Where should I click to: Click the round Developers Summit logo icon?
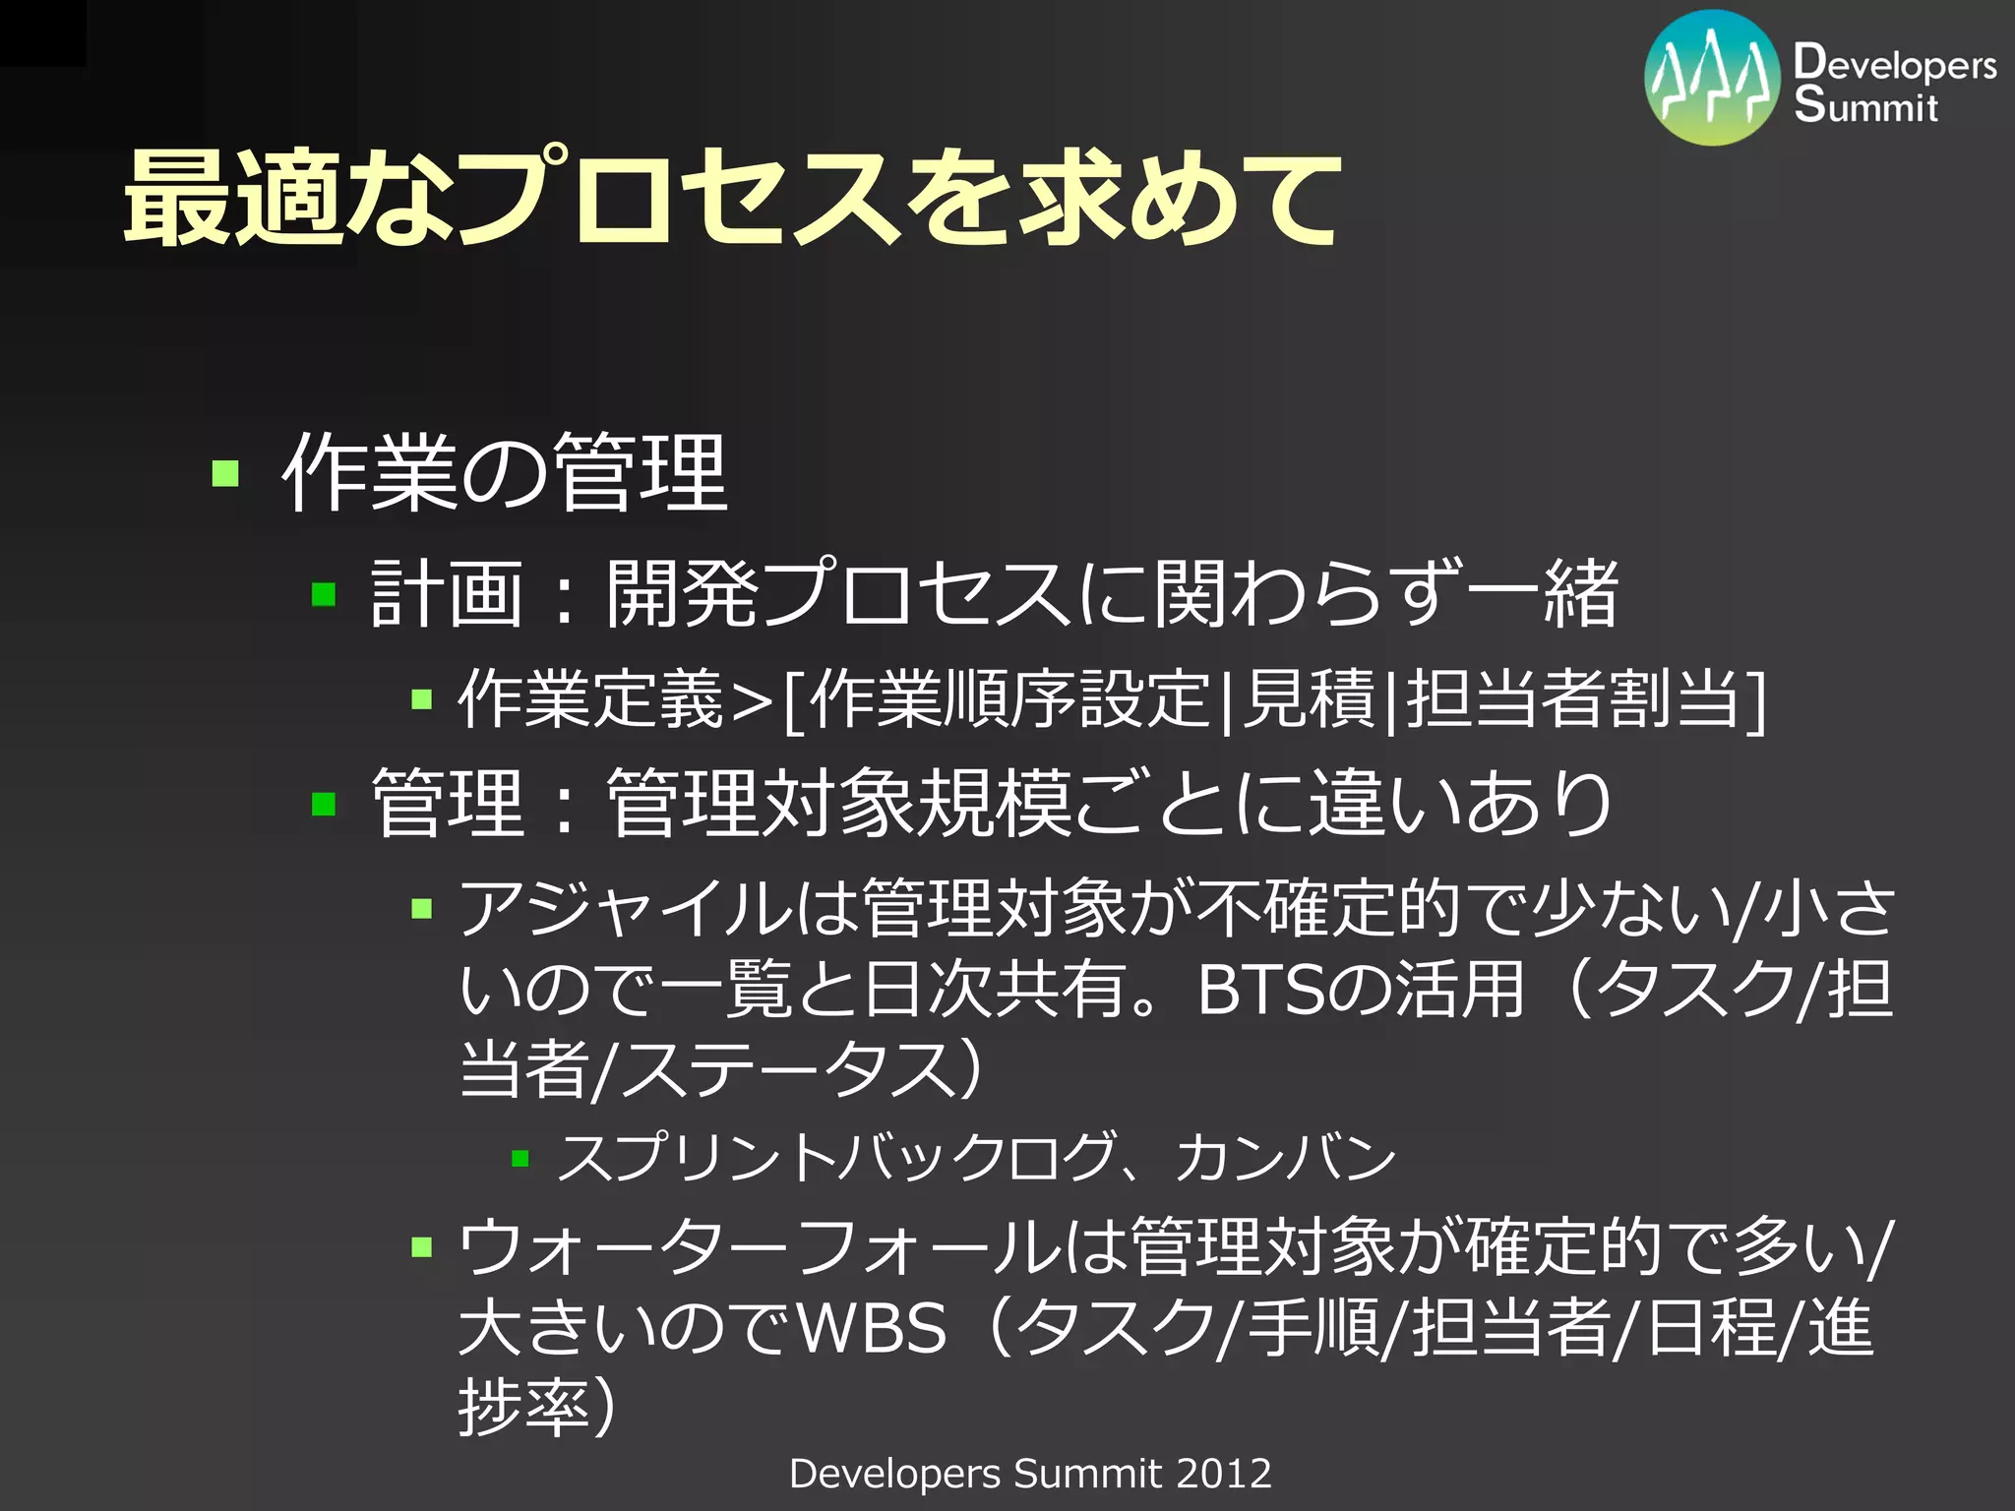tap(1712, 79)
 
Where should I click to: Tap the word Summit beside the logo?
tap(1865, 104)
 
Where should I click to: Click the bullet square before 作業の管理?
tap(225, 473)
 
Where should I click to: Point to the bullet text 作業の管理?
tap(504, 473)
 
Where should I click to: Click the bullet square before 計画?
tap(324, 594)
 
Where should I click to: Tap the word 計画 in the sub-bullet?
tap(446, 594)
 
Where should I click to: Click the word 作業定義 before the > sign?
tap(590, 698)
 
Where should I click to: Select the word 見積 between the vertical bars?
tap(1308, 698)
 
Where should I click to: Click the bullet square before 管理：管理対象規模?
tap(324, 805)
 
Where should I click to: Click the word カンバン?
tap(1285, 1157)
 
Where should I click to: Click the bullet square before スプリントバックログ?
tap(520, 1159)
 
